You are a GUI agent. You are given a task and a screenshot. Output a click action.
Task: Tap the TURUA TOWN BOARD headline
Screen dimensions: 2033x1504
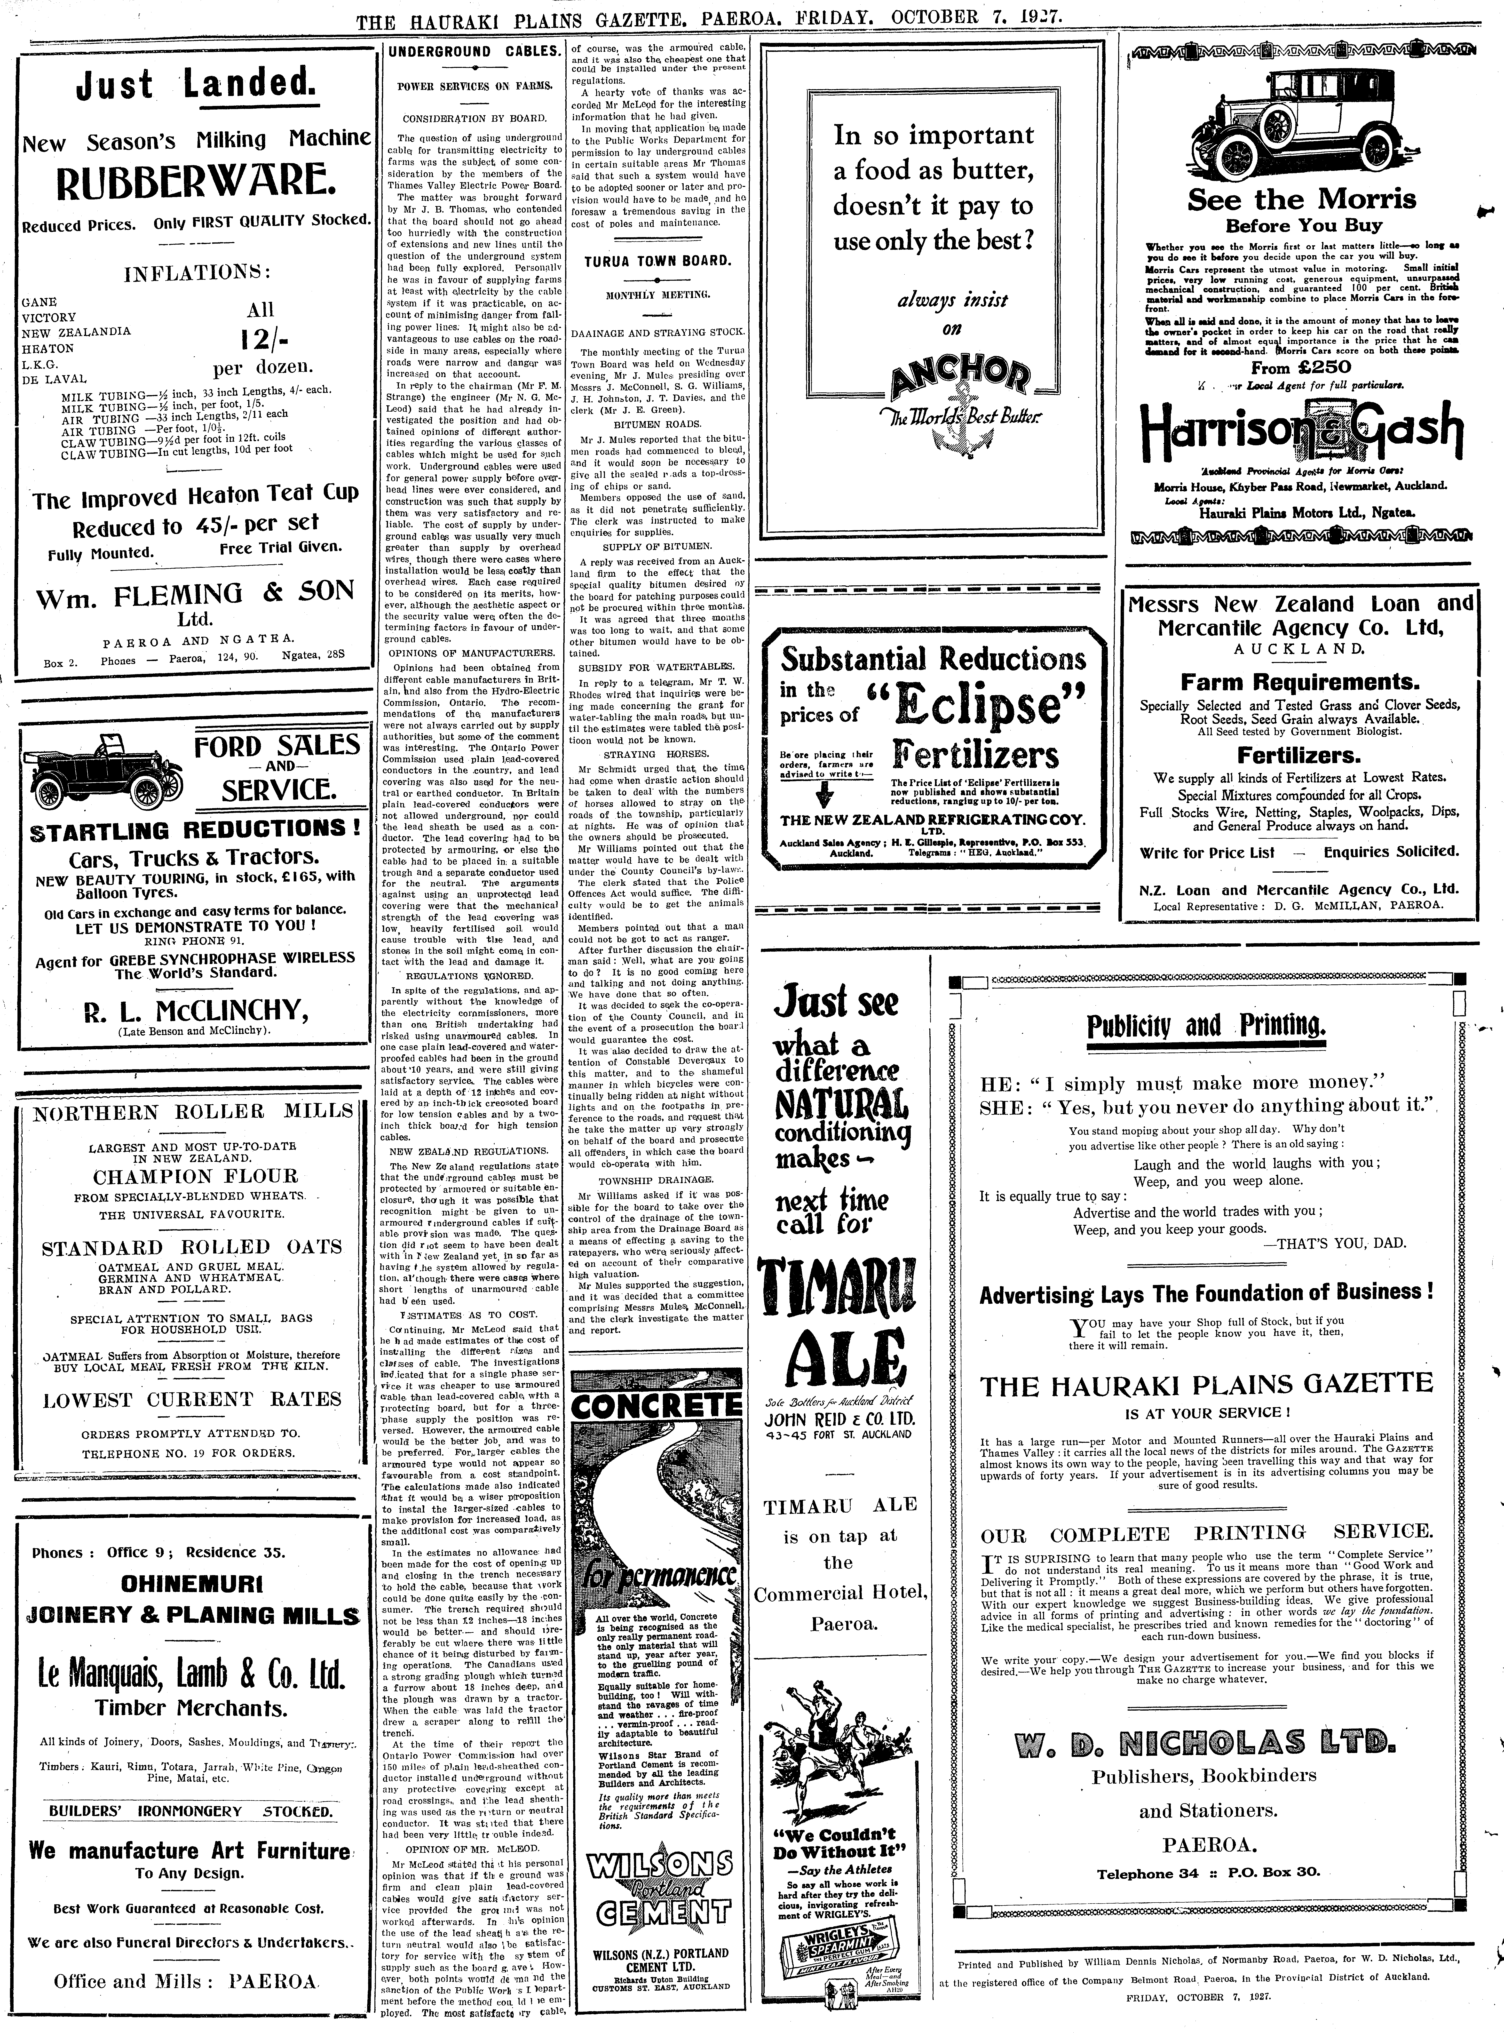point(657,260)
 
